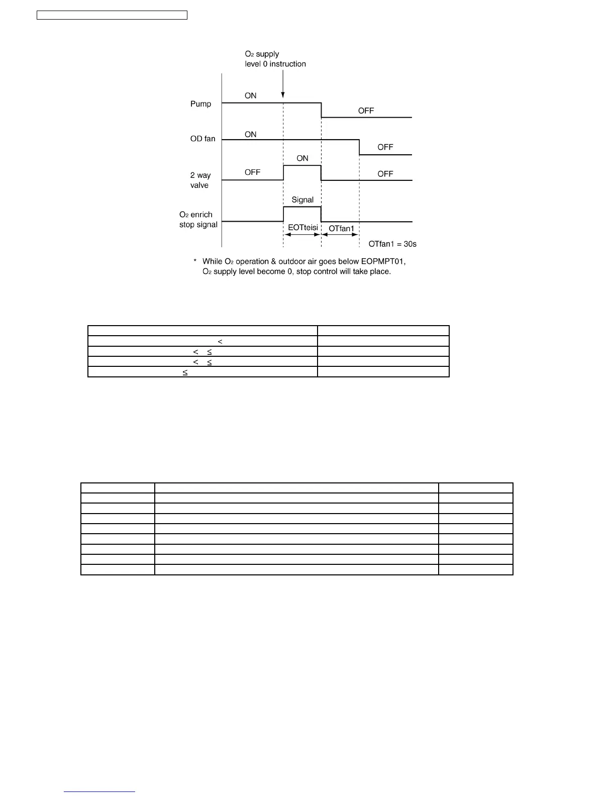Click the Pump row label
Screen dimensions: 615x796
pyautogui.click(x=200, y=104)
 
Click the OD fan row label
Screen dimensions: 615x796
pyautogui.click(x=202, y=139)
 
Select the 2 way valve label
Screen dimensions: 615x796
pyautogui.click(x=200, y=180)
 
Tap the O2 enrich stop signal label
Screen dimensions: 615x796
pyautogui.click(x=198, y=220)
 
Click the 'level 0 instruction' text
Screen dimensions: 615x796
pyautogui.click(x=275, y=64)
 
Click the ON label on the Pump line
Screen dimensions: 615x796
pyautogui.click(x=250, y=95)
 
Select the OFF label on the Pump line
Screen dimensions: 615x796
pyautogui.click(x=366, y=111)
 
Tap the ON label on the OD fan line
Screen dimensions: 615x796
pyautogui.click(x=250, y=134)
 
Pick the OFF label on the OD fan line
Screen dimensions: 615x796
pyautogui.click(x=385, y=147)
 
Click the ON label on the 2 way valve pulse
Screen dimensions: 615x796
pyautogui.click(x=302, y=158)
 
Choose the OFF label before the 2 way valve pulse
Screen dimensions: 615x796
pyautogui.click(x=252, y=172)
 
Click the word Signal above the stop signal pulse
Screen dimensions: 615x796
pyautogui.click(x=302, y=200)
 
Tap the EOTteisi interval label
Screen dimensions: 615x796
pyautogui.click(x=302, y=228)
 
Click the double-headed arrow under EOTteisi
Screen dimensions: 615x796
pyautogui.click(x=302, y=235)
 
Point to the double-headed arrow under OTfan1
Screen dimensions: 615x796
pyautogui.click(x=340, y=235)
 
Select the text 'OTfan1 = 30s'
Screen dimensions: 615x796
pyautogui.click(x=392, y=244)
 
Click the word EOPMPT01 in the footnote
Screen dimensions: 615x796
pyautogui.click(x=383, y=261)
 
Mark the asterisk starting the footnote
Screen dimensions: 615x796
pyautogui.click(x=195, y=261)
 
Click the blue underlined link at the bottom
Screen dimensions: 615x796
pyautogui.click(x=99, y=791)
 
